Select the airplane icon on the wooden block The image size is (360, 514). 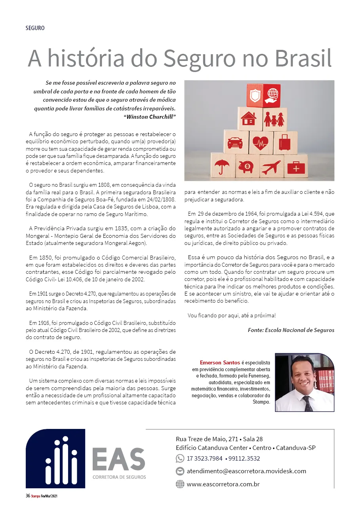[x=271, y=167]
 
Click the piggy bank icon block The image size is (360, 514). [x=247, y=167]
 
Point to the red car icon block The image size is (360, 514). [x=235, y=142]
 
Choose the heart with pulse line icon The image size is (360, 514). [x=260, y=142]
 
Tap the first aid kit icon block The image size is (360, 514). [x=296, y=167]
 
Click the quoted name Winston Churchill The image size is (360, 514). [x=150, y=117]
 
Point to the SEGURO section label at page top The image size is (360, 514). [x=35, y=28]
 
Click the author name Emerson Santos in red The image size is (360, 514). [x=219, y=362]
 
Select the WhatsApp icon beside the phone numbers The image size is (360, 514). [x=180, y=459]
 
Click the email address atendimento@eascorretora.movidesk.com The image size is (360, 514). [x=246, y=471]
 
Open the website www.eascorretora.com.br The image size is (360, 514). [x=223, y=484]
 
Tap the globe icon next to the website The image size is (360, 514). [x=180, y=484]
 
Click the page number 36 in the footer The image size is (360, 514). [x=28, y=496]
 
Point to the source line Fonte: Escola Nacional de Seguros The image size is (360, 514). [x=291, y=330]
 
